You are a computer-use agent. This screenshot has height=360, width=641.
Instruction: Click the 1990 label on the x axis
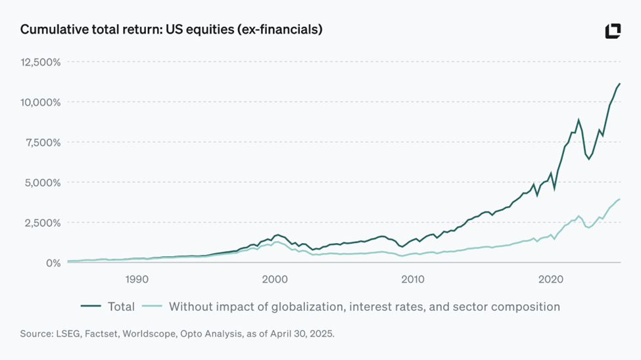coord(136,279)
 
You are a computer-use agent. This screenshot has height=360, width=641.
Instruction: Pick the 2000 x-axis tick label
coord(274,279)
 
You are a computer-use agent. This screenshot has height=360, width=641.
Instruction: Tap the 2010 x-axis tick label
coord(413,279)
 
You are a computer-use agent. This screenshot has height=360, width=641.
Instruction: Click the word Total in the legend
coord(121,307)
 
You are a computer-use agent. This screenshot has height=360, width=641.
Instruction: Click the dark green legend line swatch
coord(91,307)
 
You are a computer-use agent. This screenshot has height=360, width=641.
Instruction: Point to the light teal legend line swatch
coord(152,307)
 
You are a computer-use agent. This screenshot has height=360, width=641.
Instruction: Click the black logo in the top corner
coord(613,31)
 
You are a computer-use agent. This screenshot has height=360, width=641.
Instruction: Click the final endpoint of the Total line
coord(620,83)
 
